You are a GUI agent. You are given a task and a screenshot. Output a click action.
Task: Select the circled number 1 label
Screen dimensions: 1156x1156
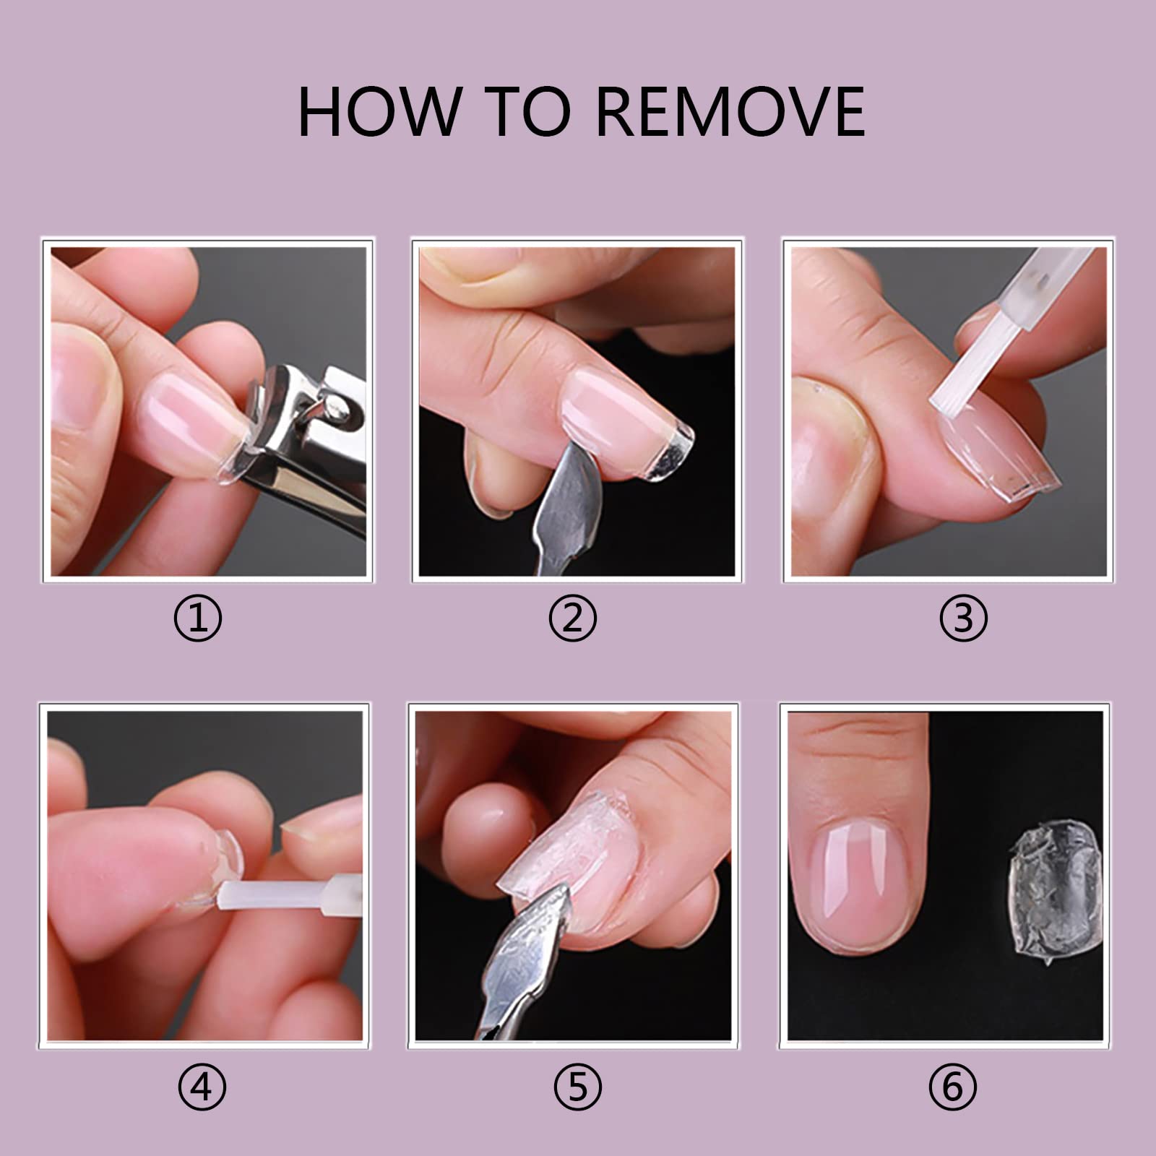pyautogui.click(x=198, y=618)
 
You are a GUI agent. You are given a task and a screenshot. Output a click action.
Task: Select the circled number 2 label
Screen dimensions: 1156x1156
pyautogui.click(x=572, y=618)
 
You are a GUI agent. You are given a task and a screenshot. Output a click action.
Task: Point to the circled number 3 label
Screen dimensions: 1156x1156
pyautogui.click(x=963, y=618)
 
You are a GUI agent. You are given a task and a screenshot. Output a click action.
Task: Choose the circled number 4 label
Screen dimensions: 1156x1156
pyautogui.click(x=202, y=1086)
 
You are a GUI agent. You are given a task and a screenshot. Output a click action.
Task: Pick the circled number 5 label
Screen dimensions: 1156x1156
pyautogui.click(x=577, y=1086)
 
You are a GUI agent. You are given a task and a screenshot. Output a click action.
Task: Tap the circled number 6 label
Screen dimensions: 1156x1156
pyautogui.click(x=953, y=1086)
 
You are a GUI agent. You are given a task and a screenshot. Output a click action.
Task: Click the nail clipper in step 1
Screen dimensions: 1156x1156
pyautogui.click(x=303, y=448)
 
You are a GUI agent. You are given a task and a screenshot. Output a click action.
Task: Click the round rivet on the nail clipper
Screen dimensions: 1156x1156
pyautogui.click(x=338, y=409)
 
